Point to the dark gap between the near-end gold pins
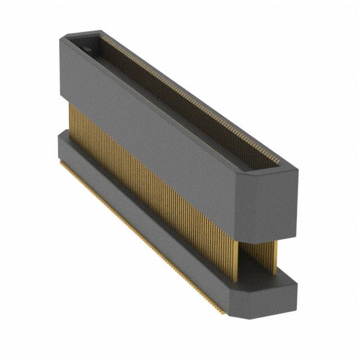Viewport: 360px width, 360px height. pyautogui.click(x=256, y=253)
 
